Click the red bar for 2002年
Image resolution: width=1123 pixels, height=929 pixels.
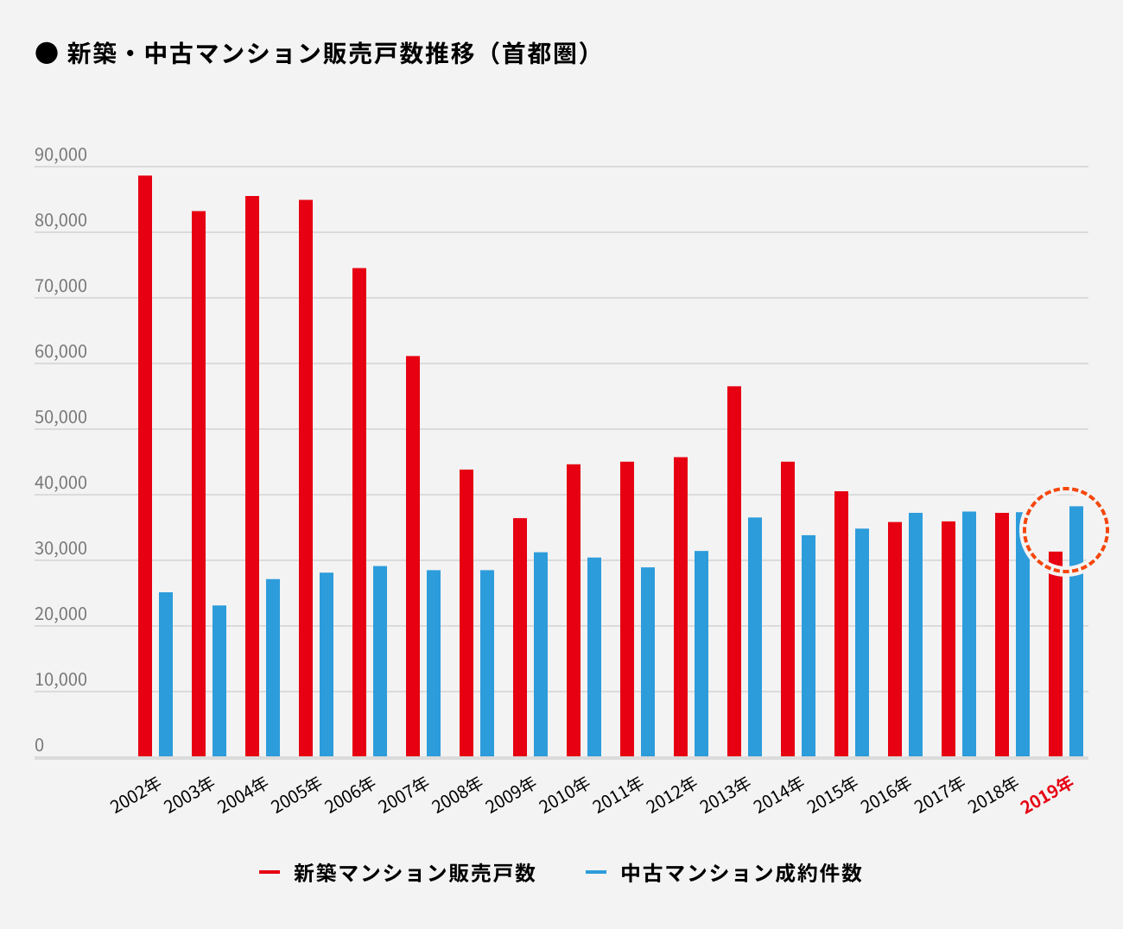(145, 466)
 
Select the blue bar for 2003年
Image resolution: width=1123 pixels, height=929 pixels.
(219, 681)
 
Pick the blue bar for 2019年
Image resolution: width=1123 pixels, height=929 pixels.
(1076, 631)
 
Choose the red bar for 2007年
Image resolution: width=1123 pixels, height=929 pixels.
(413, 556)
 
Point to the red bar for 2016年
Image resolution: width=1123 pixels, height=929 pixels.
(895, 639)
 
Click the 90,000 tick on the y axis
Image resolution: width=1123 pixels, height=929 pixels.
(60, 155)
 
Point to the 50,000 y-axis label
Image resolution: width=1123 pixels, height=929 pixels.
(60, 418)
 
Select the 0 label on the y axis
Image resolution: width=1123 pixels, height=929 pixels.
(39, 746)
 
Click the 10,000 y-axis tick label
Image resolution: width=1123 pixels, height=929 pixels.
(60, 680)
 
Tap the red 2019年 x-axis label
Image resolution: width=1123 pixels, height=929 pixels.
(1047, 795)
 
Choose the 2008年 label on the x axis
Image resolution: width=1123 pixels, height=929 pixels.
(458, 795)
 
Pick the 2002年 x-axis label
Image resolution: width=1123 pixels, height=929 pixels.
(136, 795)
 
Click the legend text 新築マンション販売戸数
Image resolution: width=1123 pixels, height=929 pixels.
(415, 873)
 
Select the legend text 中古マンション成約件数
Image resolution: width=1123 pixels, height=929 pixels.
(741, 873)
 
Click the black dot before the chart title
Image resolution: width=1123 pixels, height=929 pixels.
(46, 54)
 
